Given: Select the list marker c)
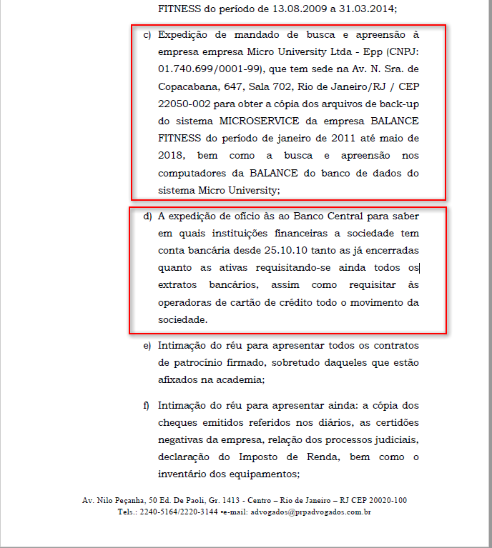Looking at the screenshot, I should click(x=147, y=34).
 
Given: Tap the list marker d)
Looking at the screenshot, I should click(x=147, y=216).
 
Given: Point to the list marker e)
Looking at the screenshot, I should click(x=147, y=346).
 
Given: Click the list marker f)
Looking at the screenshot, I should click(x=147, y=404).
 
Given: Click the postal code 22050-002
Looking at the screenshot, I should click(x=179, y=103).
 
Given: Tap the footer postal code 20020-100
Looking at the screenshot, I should click(x=385, y=500).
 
